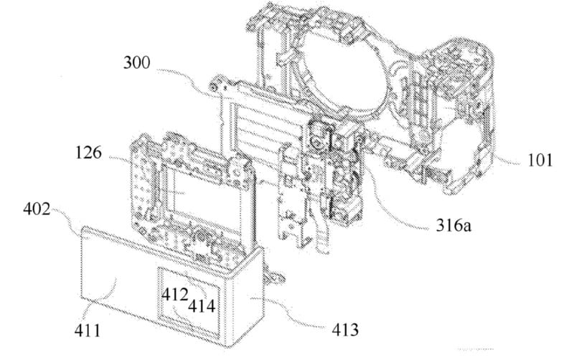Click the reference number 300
coord(136,63)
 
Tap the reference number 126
coord(88,152)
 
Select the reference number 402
coord(37,209)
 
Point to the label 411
coord(87,331)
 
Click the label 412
coord(175,294)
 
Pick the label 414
coord(202,305)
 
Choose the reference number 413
coord(345,330)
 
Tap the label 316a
coord(453,225)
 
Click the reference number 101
coord(540,160)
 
